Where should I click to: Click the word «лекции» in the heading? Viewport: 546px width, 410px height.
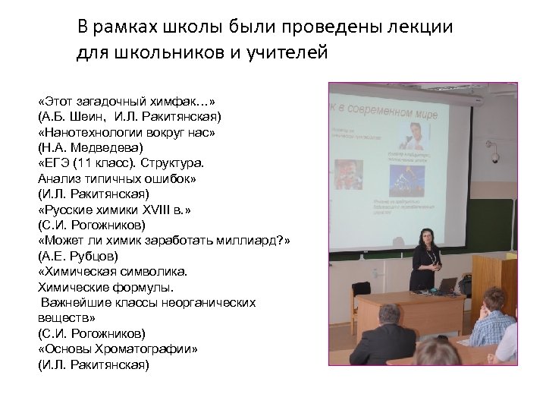point(417,27)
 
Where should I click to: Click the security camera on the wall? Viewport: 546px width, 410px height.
point(495,159)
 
